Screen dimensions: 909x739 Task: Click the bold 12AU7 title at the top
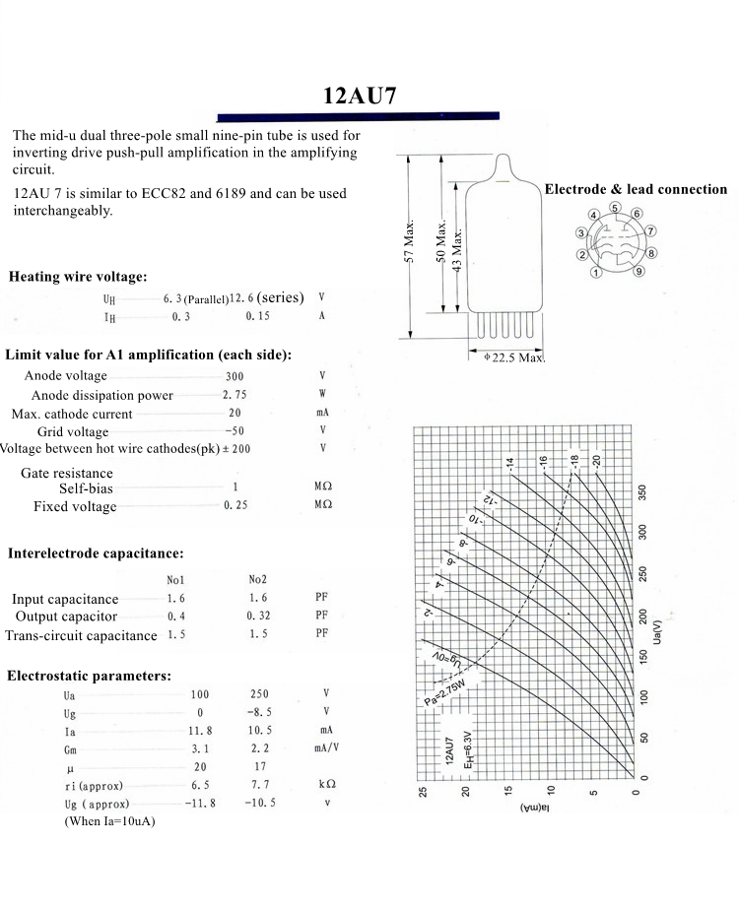click(361, 97)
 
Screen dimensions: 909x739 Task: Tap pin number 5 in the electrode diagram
click(615, 208)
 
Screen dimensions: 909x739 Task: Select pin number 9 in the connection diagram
click(638, 271)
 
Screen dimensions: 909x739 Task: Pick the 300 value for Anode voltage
click(235, 376)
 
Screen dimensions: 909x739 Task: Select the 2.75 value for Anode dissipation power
click(235, 395)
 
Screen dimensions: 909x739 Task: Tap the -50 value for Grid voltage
click(235, 431)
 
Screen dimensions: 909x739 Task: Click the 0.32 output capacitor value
click(259, 616)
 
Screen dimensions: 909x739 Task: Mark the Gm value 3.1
click(200, 749)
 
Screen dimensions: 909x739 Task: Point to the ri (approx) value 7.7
click(259, 785)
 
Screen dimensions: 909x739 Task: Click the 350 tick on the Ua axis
click(641, 492)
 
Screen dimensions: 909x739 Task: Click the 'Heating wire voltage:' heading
click(78, 277)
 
